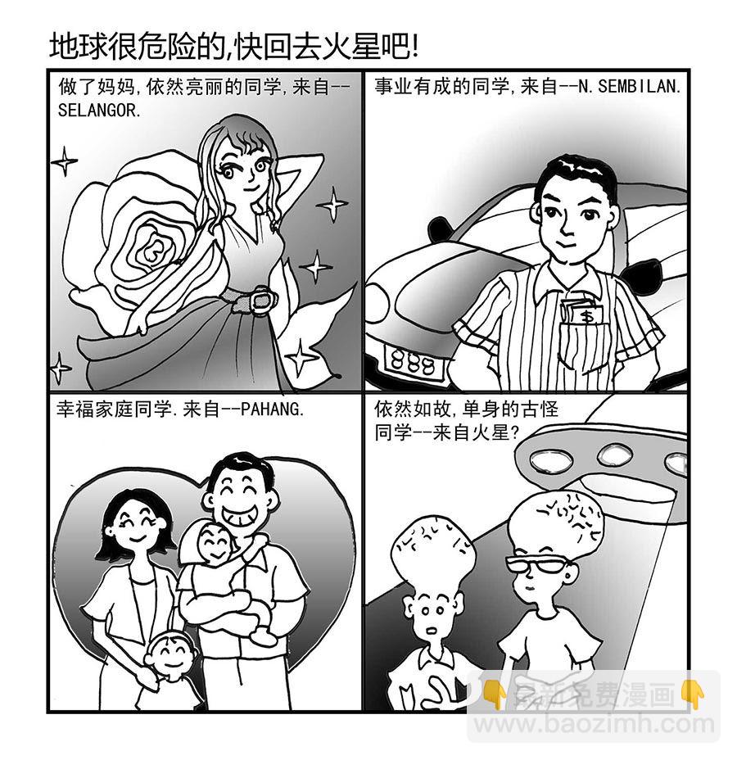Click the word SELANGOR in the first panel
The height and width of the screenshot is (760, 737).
pyautogui.click(x=99, y=110)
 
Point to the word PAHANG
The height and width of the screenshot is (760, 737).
pyautogui.click(x=273, y=409)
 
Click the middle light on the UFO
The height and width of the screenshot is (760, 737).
pyautogui.click(x=614, y=454)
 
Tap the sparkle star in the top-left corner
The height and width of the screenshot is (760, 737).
pyautogui.click(x=64, y=161)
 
